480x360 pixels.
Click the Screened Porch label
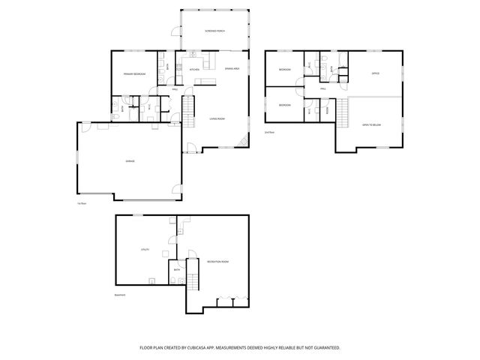(x=215, y=31)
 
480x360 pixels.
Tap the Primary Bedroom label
(x=135, y=73)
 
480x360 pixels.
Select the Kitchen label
(x=194, y=69)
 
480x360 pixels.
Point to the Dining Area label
(x=232, y=68)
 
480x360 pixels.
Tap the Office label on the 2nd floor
(x=375, y=73)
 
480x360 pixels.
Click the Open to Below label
(x=371, y=124)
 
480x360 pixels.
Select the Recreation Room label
(x=218, y=262)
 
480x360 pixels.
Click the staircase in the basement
(x=193, y=283)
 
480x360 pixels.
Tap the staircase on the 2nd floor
(x=343, y=114)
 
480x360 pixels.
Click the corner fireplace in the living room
(x=242, y=142)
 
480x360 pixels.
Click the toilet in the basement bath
(x=172, y=281)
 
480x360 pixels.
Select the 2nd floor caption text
(x=268, y=132)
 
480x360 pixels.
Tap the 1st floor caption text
(x=79, y=203)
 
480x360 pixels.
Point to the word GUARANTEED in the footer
(x=325, y=348)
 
